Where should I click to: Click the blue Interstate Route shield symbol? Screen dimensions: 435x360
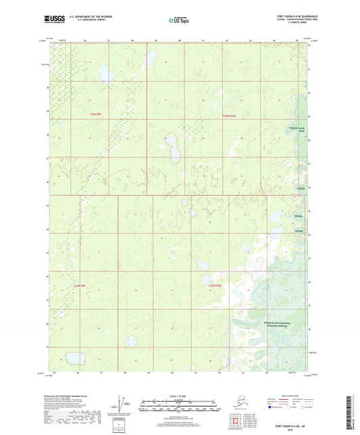click(274, 407)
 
